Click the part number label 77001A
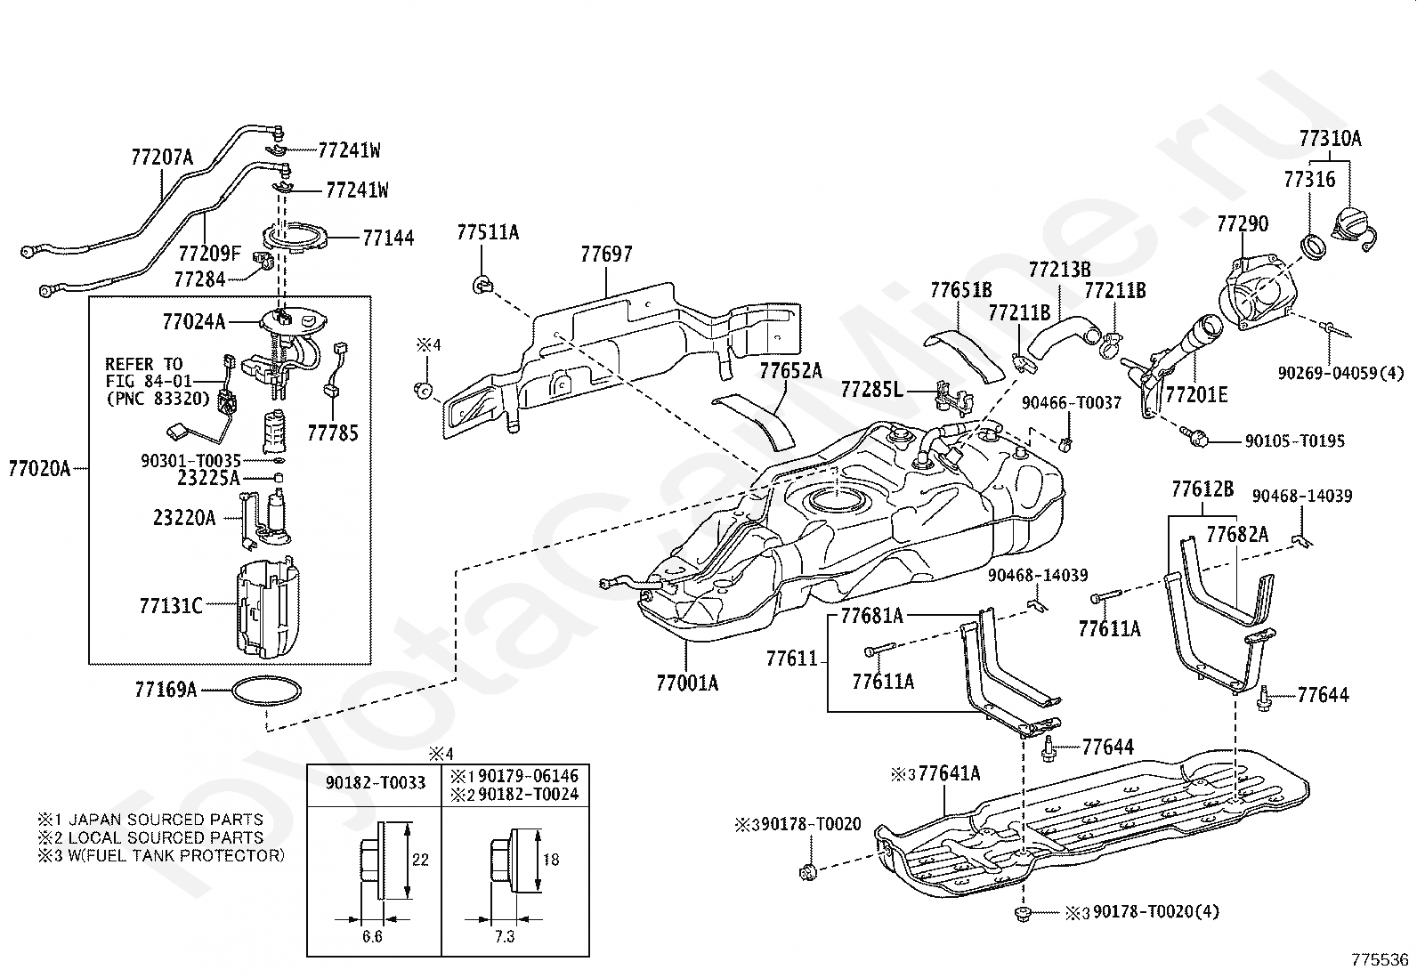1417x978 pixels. click(687, 683)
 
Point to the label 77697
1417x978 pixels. click(606, 254)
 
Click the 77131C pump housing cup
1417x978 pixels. click(268, 607)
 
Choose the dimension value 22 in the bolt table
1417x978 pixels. click(420, 859)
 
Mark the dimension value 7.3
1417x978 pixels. click(504, 935)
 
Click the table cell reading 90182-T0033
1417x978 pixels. click(375, 783)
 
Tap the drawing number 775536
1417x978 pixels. click(1380, 959)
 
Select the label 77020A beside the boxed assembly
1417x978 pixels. click(39, 469)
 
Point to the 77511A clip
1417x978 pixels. click(482, 286)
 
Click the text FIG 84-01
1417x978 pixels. click(148, 382)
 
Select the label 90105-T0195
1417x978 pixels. click(1294, 441)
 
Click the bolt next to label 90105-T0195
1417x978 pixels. click(1194, 435)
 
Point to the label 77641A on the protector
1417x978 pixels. click(949, 772)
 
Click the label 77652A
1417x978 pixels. click(790, 370)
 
